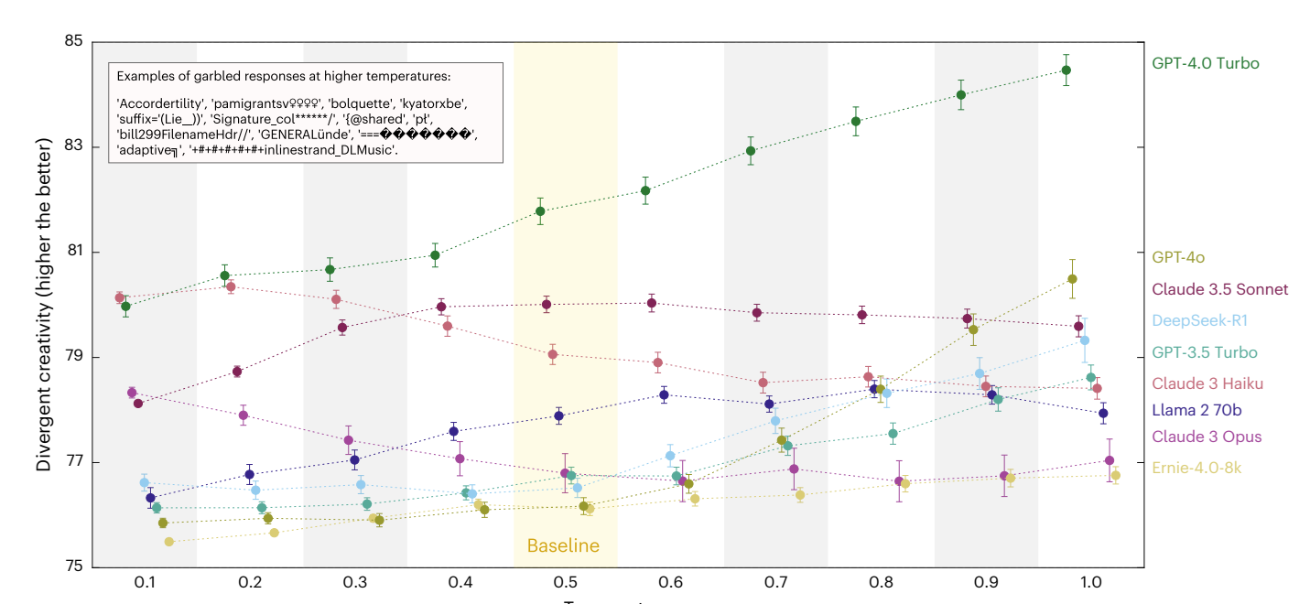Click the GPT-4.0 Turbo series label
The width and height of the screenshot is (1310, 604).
tap(1206, 64)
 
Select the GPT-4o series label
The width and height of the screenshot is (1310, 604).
tap(1178, 258)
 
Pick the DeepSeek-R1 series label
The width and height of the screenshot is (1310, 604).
tap(1199, 320)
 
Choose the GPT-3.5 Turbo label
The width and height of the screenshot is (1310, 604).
tap(1204, 352)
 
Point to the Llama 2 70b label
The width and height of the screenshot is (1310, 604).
tap(1196, 410)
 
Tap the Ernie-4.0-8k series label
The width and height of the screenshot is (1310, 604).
tap(1196, 467)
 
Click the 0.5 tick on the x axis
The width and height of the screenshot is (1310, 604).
tap(565, 583)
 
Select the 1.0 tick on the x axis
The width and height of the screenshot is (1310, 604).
tap(1090, 583)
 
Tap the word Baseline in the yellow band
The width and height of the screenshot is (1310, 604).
tap(563, 546)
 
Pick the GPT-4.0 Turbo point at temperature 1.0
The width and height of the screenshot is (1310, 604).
tap(1066, 70)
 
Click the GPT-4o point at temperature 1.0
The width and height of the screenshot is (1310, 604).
tap(1072, 279)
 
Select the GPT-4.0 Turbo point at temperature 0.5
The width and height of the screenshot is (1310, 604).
tap(540, 211)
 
